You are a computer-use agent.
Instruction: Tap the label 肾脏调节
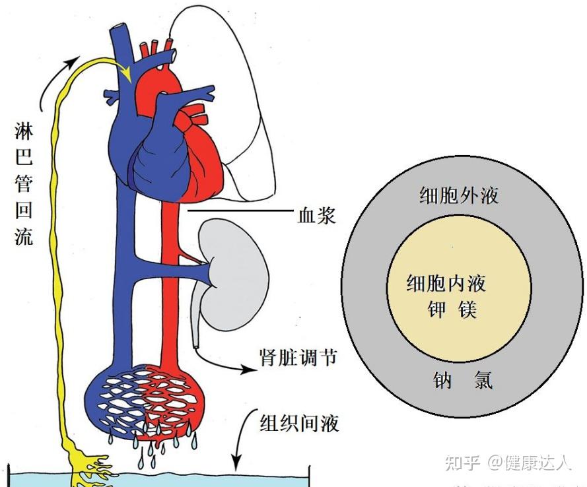click(298, 358)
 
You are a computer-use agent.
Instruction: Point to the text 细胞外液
click(459, 195)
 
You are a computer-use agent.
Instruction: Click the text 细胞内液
click(446, 284)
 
